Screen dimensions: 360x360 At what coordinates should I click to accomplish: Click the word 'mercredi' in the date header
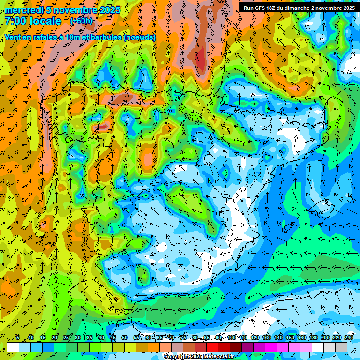click(23, 10)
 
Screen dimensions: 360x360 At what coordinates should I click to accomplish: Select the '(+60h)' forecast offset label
click(81, 21)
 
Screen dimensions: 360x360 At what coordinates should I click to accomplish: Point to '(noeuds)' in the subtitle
click(139, 37)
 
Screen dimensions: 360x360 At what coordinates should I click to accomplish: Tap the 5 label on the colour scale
click(18, 337)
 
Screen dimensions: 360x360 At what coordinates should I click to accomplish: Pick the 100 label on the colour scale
click(232, 337)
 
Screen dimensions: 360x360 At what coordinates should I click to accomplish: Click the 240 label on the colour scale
click(349, 337)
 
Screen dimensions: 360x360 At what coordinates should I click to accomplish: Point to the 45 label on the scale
click(113, 337)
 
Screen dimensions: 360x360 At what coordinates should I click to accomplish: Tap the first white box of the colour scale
click(13, 347)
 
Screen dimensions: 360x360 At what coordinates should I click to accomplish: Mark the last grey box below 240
click(341, 347)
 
